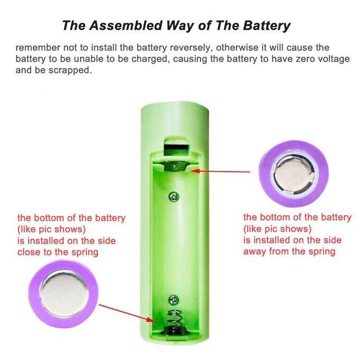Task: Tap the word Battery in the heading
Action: click(x=265, y=25)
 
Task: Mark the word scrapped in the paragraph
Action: click(x=66, y=70)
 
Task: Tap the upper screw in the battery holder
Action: click(x=173, y=197)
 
